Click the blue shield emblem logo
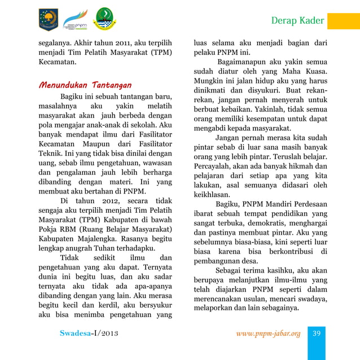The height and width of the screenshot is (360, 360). point(48,19)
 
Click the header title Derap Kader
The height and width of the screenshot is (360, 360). point(297,21)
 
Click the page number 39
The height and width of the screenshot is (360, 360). point(317,333)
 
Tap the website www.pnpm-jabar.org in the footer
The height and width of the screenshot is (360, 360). point(268,333)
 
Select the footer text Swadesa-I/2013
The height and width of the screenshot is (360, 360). point(89,333)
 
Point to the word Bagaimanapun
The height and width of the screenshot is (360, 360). point(244,61)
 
